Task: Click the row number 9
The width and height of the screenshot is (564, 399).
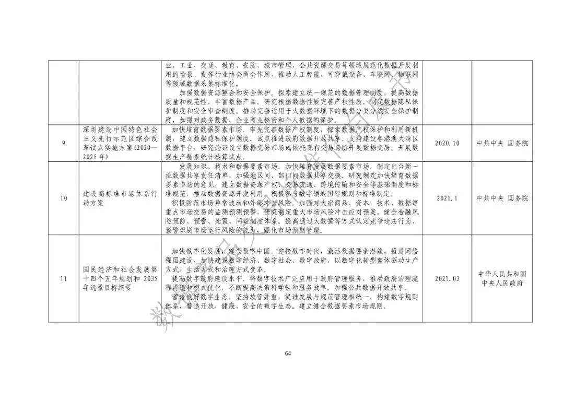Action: [63, 143]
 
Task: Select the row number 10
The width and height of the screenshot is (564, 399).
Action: [63, 198]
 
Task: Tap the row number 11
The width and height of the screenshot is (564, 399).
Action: [63, 278]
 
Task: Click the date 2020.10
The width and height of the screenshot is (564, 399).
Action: [447, 143]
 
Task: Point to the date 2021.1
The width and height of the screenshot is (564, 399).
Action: [447, 198]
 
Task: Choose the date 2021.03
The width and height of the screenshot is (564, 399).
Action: [447, 278]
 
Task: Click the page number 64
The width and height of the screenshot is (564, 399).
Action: [288, 354]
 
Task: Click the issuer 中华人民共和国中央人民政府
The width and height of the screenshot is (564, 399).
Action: [502, 278]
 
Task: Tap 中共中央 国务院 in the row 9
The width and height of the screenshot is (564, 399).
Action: [502, 143]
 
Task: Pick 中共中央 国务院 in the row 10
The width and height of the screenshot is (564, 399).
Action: [502, 198]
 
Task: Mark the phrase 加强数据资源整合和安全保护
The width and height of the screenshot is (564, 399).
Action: [211, 92]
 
